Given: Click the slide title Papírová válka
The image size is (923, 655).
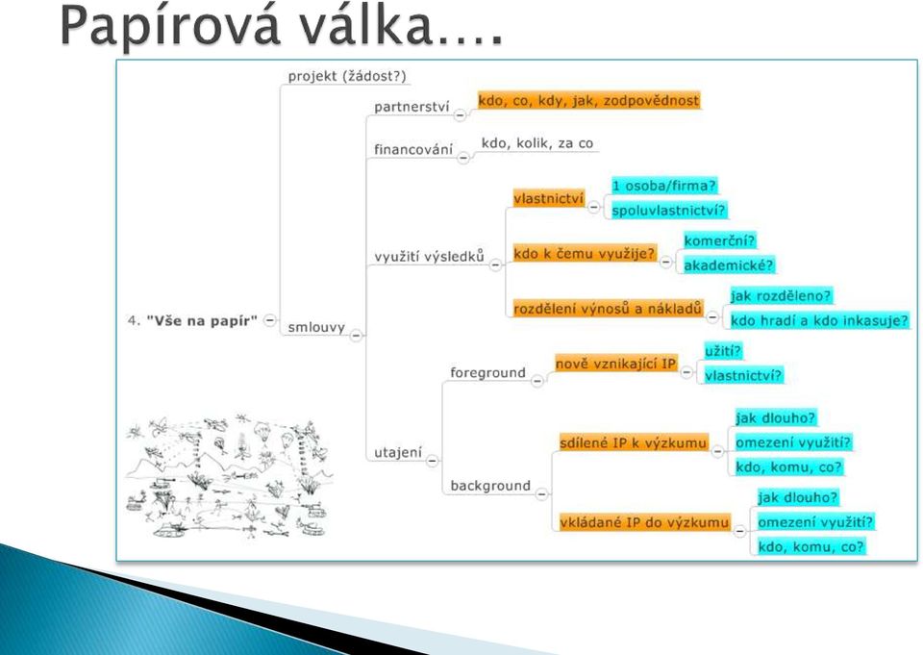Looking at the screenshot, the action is click(282, 26).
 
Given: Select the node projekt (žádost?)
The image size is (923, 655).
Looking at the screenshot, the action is click(347, 76).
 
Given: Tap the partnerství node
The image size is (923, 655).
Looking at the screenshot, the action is click(412, 107).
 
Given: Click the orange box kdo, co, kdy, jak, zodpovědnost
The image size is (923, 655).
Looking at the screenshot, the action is click(588, 100).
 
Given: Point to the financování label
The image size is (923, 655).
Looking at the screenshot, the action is click(413, 149).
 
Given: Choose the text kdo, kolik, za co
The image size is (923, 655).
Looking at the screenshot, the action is click(536, 143).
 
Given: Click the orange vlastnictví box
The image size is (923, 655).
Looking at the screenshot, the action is click(548, 198).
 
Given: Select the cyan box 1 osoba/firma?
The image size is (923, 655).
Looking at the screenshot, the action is click(664, 186).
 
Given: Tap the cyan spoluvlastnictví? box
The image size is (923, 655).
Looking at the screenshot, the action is click(668, 211).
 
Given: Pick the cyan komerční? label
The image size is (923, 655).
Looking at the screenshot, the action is click(719, 240).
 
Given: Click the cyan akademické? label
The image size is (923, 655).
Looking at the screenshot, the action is click(728, 265).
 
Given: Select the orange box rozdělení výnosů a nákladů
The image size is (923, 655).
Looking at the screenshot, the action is click(608, 308).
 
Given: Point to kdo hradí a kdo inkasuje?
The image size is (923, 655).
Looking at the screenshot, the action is click(819, 320).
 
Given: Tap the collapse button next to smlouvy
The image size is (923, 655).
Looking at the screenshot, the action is click(356, 335).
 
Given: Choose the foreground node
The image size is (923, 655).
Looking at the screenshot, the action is click(487, 373).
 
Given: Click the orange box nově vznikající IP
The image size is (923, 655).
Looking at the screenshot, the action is click(615, 364).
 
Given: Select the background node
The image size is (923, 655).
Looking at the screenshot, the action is click(490, 486).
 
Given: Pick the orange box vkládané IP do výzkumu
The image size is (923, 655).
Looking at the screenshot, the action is click(644, 522).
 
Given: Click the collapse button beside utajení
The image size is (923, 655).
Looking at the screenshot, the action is click(432, 461).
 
